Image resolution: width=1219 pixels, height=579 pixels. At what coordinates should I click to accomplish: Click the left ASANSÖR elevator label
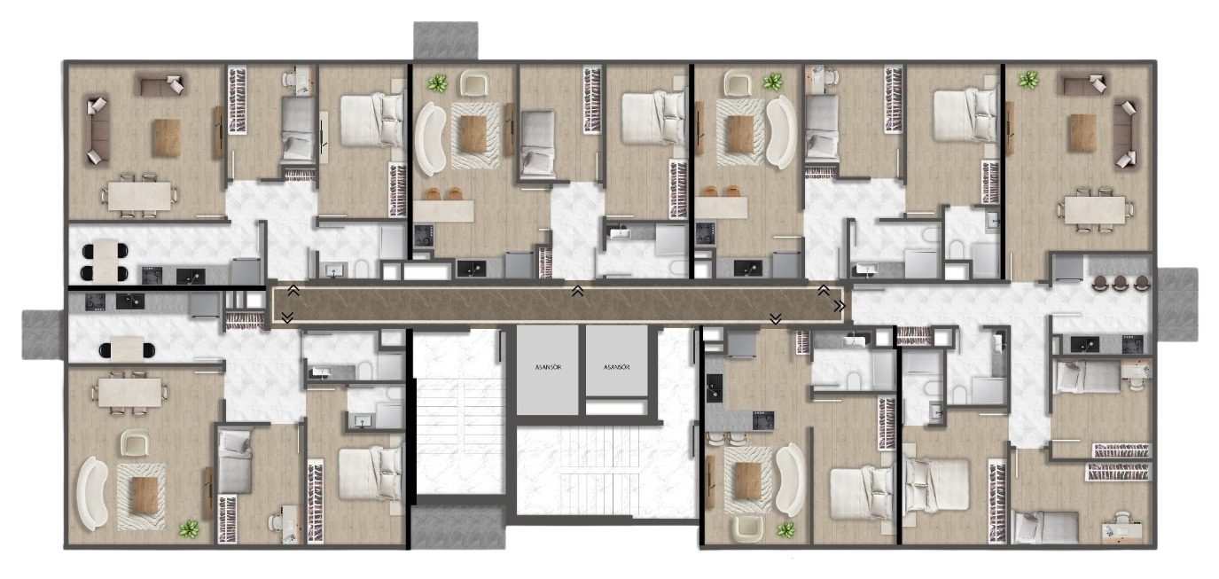pos(548,367)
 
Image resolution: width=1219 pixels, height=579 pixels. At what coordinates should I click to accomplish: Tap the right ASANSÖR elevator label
pos(616,367)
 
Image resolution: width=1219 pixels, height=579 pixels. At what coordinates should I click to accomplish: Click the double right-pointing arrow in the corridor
pos(840,307)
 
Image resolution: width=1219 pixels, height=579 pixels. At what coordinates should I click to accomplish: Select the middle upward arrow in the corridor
pos(577,291)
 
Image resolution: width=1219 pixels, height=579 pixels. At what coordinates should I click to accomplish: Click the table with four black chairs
pos(105,262)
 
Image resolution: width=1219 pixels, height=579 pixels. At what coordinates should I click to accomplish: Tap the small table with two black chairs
pos(127,350)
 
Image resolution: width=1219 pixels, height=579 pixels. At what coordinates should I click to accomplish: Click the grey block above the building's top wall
pos(445,41)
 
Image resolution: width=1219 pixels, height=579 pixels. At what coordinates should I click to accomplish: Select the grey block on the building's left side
pos(43,334)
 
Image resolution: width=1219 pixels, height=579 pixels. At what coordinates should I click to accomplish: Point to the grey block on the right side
pos(1177,305)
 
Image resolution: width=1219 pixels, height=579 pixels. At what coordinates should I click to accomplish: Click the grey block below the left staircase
pos(458,526)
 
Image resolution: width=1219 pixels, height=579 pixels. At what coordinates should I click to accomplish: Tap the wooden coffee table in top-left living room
pos(166,137)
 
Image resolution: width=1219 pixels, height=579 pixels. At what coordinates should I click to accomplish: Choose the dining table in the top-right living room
pos(1095,210)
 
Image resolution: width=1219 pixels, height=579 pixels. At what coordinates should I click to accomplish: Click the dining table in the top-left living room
pos(139,196)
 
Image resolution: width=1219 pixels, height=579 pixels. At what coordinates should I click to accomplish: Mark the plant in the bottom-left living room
pos(189,528)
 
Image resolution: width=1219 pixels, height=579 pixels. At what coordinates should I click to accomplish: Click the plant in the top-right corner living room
pos(1028,81)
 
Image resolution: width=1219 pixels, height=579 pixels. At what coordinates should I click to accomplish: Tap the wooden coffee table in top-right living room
pos(1082,132)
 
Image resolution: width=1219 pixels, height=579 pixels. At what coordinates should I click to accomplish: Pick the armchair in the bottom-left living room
pos(134,442)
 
